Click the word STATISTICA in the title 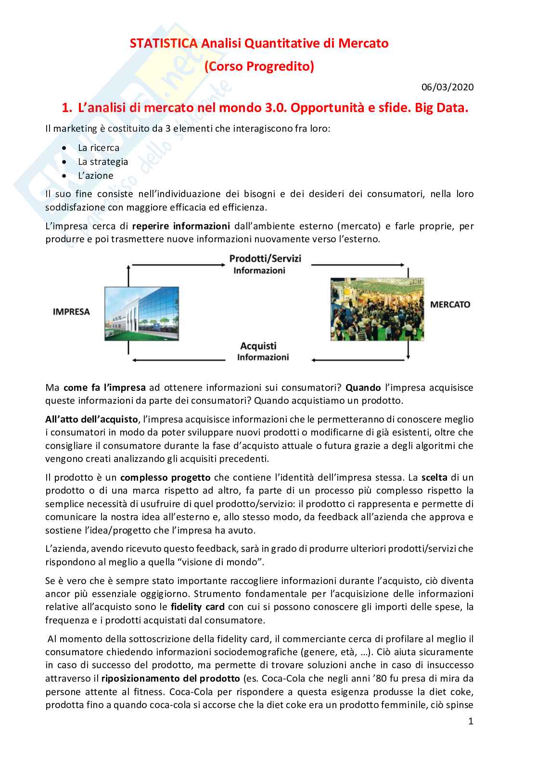tap(163, 43)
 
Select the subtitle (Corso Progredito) tap(259, 66)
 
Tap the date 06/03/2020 tap(447, 87)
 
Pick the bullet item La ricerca tap(99, 148)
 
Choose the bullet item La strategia tap(103, 162)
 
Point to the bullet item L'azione tap(96, 175)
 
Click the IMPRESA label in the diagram tap(71, 312)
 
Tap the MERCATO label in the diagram tap(450, 304)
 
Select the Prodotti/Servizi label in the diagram tap(265, 259)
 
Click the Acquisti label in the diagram tap(258, 346)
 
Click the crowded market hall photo tap(367, 309)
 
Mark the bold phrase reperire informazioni tap(181, 226)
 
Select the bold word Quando tap(363, 387)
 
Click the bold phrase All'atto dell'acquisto tap(92, 419)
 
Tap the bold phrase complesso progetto tap(165, 477)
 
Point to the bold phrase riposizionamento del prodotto tap(170, 678)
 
